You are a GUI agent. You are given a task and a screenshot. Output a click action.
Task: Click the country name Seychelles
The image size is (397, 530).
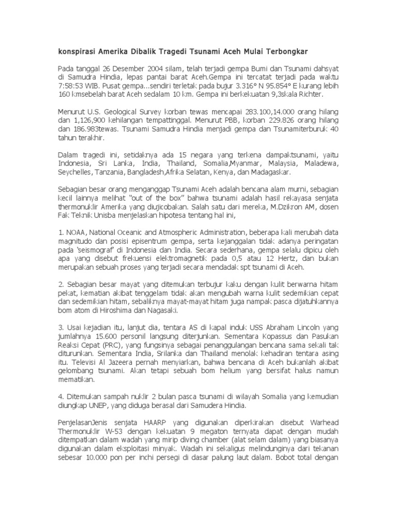[73, 172]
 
